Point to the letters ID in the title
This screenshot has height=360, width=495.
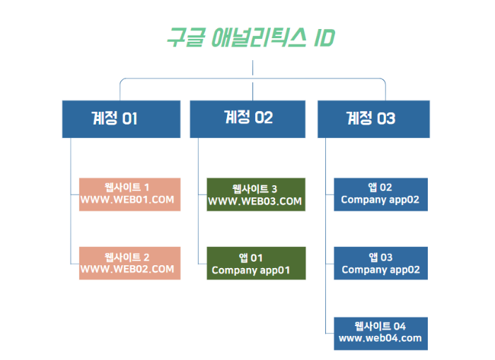[323, 37]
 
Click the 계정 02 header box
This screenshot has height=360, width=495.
[248, 119]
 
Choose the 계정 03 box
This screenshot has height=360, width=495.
[373, 119]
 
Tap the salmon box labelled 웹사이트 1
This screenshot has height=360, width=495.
[130, 194]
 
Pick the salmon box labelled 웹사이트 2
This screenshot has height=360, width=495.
[130, 263]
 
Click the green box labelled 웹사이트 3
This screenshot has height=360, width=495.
[255, 194]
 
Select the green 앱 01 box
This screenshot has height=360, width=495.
[255, 263]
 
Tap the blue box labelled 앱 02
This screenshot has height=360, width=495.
[380, 194]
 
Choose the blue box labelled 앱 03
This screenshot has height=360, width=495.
[380, 263]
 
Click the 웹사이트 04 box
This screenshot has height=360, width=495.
[380, 332]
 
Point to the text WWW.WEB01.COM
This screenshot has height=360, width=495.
[127, 200]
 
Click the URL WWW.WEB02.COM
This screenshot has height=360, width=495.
[127, 269]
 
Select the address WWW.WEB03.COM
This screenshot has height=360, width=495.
[255, 202]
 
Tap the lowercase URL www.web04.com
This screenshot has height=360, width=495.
[380, 339]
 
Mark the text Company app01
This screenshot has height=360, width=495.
[251, 270]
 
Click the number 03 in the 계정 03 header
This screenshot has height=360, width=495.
[386, 119]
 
